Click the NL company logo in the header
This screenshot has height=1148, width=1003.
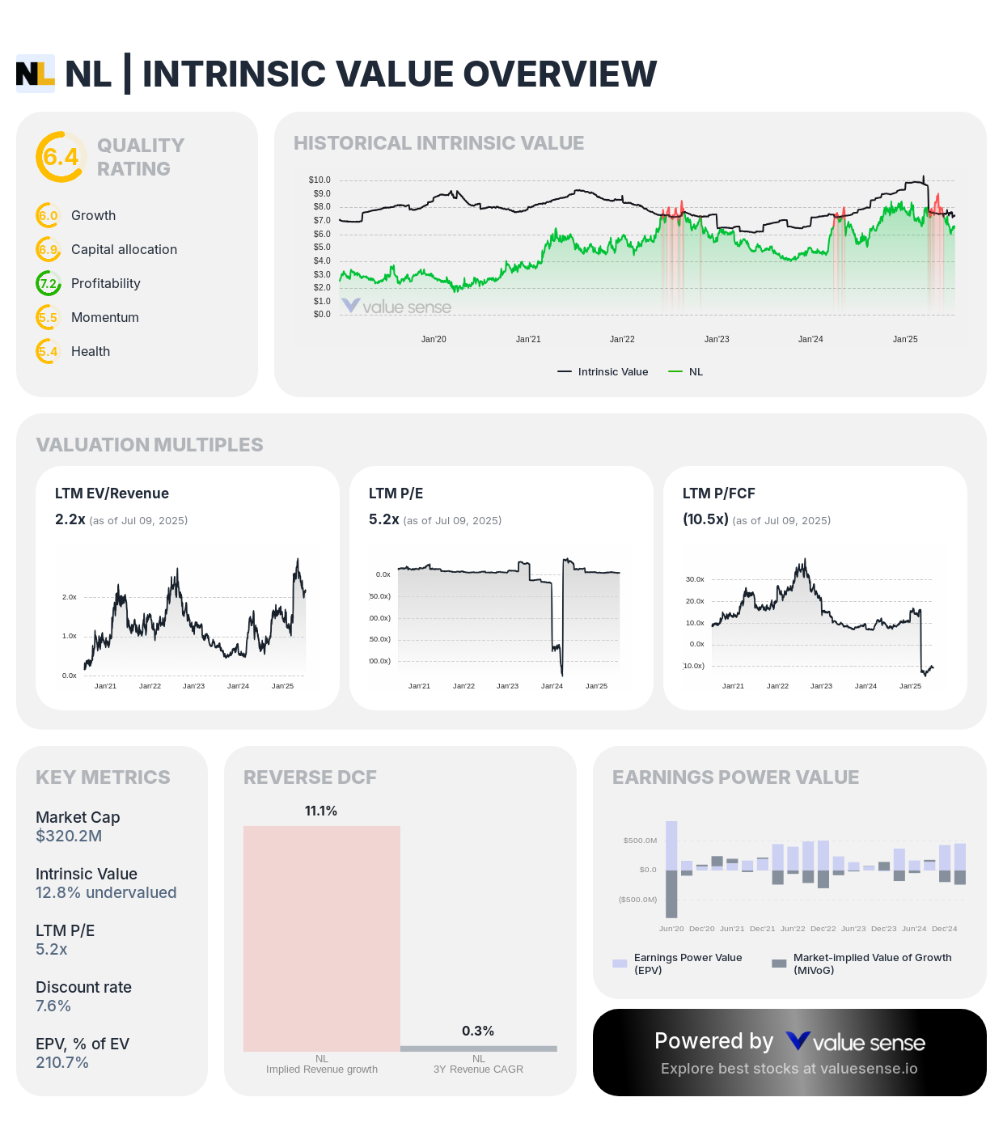(36, 74)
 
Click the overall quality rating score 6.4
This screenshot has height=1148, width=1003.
(61, 157)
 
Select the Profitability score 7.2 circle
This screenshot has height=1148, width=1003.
(49, 283)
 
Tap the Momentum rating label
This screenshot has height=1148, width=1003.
(105, 317)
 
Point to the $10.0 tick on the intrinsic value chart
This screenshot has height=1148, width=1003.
(320, 180)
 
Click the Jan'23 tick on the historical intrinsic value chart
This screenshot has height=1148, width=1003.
(717, 339)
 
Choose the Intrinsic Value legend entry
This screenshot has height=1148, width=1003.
(603, 372)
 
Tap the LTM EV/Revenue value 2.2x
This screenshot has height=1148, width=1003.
(70, 519)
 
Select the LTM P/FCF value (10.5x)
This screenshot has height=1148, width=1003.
(705, 519)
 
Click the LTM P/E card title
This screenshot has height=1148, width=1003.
(396, 494)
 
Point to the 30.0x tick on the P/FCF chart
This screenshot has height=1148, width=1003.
(695, 579)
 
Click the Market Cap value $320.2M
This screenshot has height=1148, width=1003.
(69, 836)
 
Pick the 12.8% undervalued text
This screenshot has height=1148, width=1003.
(106, 892)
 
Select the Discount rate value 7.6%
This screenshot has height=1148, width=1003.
(53, 1006)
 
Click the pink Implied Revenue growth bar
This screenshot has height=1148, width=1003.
(322, 938)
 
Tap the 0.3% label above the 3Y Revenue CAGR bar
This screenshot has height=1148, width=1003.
(478, 1031)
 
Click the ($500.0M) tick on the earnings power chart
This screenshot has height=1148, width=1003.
(637, 900)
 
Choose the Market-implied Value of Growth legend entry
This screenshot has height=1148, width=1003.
(861, 963)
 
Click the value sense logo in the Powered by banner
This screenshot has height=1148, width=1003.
(855, 1042)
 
